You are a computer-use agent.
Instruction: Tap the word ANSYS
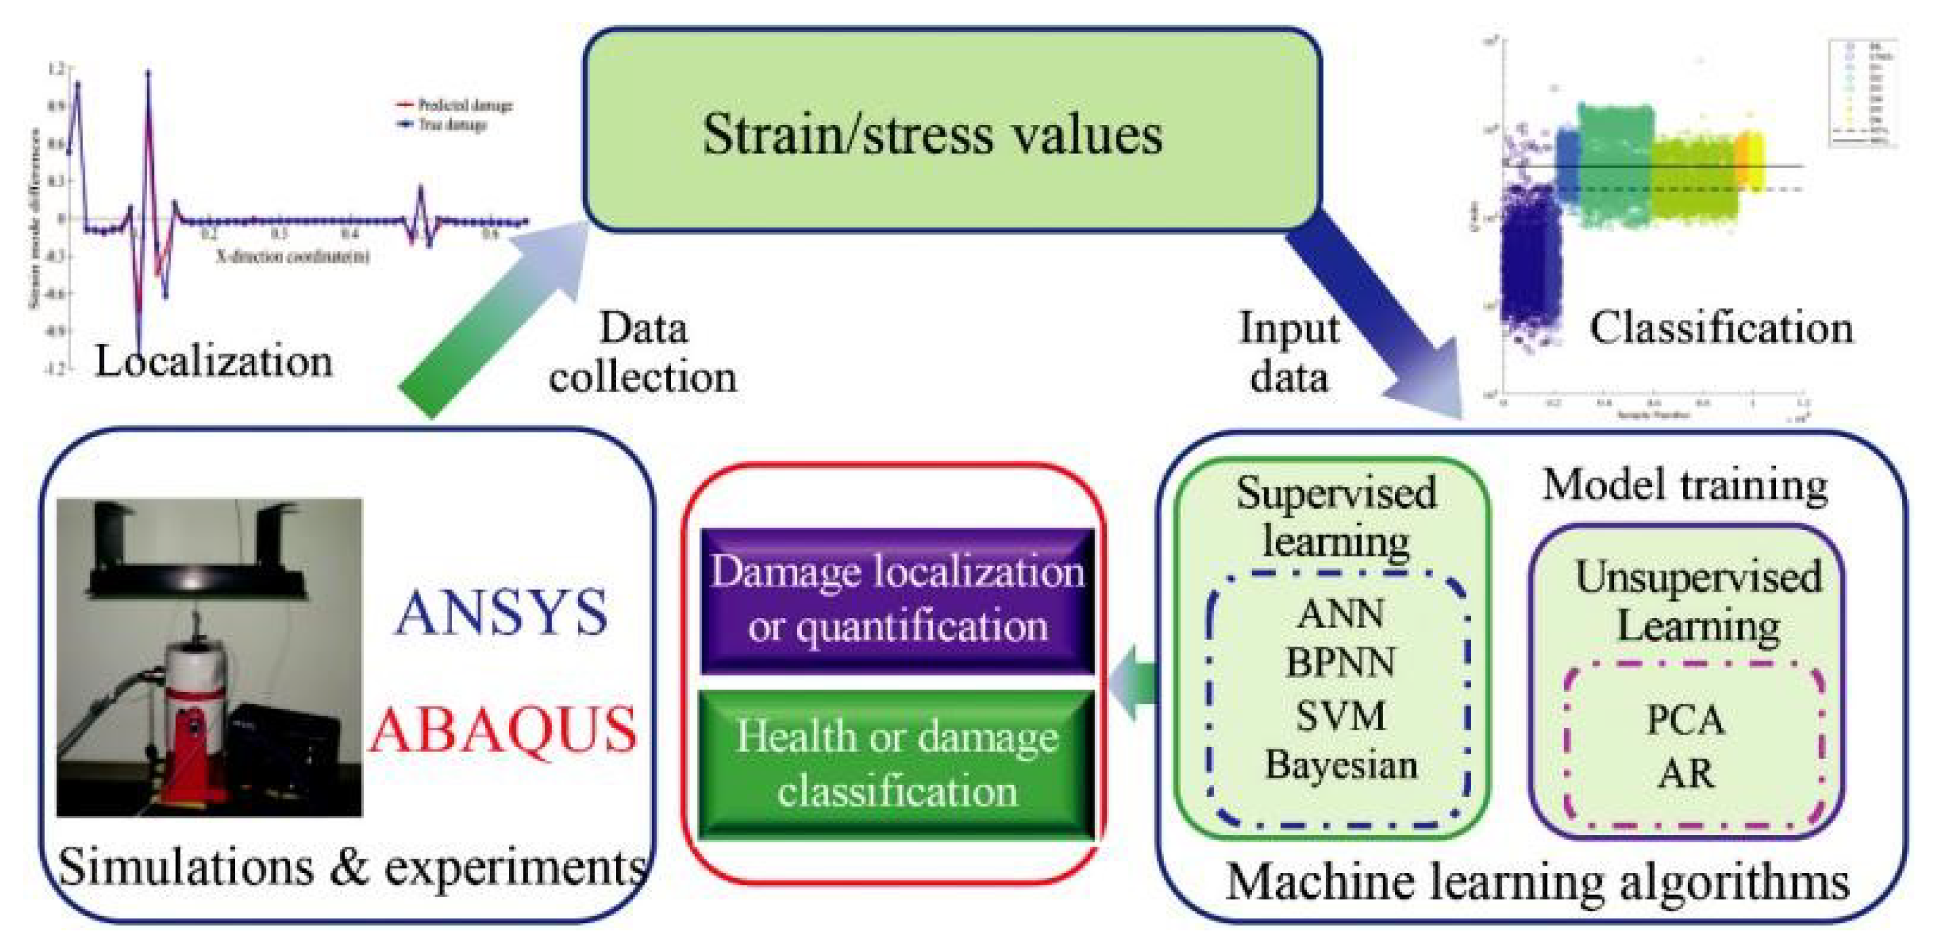(500, 613)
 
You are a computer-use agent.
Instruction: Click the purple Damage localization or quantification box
(897, 600)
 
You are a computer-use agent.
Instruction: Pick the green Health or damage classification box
(897, 764)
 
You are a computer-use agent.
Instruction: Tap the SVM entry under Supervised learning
(1341, 715)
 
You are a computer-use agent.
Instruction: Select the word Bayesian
(1341, 765)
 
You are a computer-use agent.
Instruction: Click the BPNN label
(1341, 663)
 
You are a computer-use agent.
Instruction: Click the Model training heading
(1685, 486)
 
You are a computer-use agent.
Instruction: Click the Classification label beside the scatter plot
(1720, 329)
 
